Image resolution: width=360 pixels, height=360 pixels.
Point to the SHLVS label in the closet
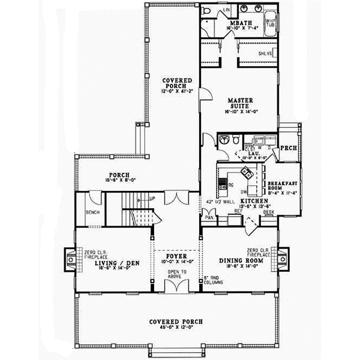(x=265, y=54)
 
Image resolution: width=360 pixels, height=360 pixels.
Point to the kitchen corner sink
(x=245, y=173)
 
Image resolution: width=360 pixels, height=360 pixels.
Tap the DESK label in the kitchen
(x=268, y=212)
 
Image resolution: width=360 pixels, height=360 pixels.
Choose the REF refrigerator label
(x=238, y=212)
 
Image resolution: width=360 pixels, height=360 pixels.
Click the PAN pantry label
(x=210, y=218)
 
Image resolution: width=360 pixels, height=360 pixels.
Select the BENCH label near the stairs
(x=92, y=212)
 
